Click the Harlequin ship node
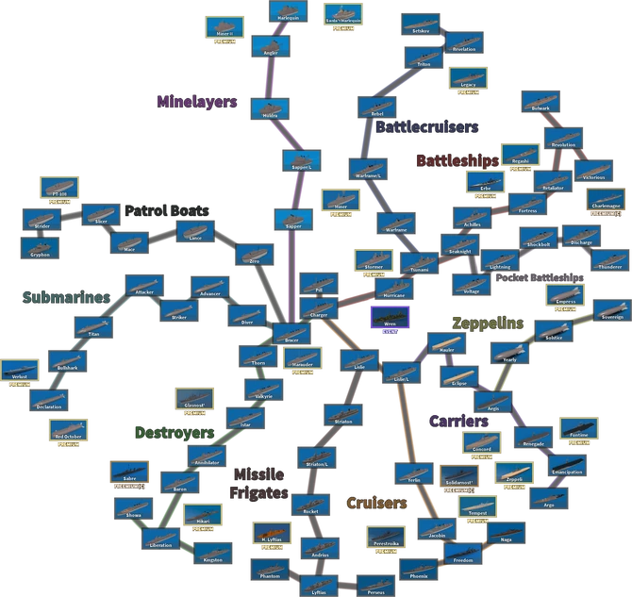click(x=285, y=12)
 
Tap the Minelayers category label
click(x=197, y=102)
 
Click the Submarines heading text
click(x=66, y=297)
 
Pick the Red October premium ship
click(x=69, y=430)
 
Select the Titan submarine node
click(x=92, y=327)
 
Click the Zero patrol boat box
click(x=253, y=254)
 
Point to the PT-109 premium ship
click(x=57, y=187)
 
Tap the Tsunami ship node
click(x=413, y=261)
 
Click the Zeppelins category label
click(x=488, y=323)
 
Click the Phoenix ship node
click(x=419, y=569)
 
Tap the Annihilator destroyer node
click(x=205, y=457)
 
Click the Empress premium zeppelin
click(x=564, y=297)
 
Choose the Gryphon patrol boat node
click(x=41, y=248)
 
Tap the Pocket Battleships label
click(x=539, y=279)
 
